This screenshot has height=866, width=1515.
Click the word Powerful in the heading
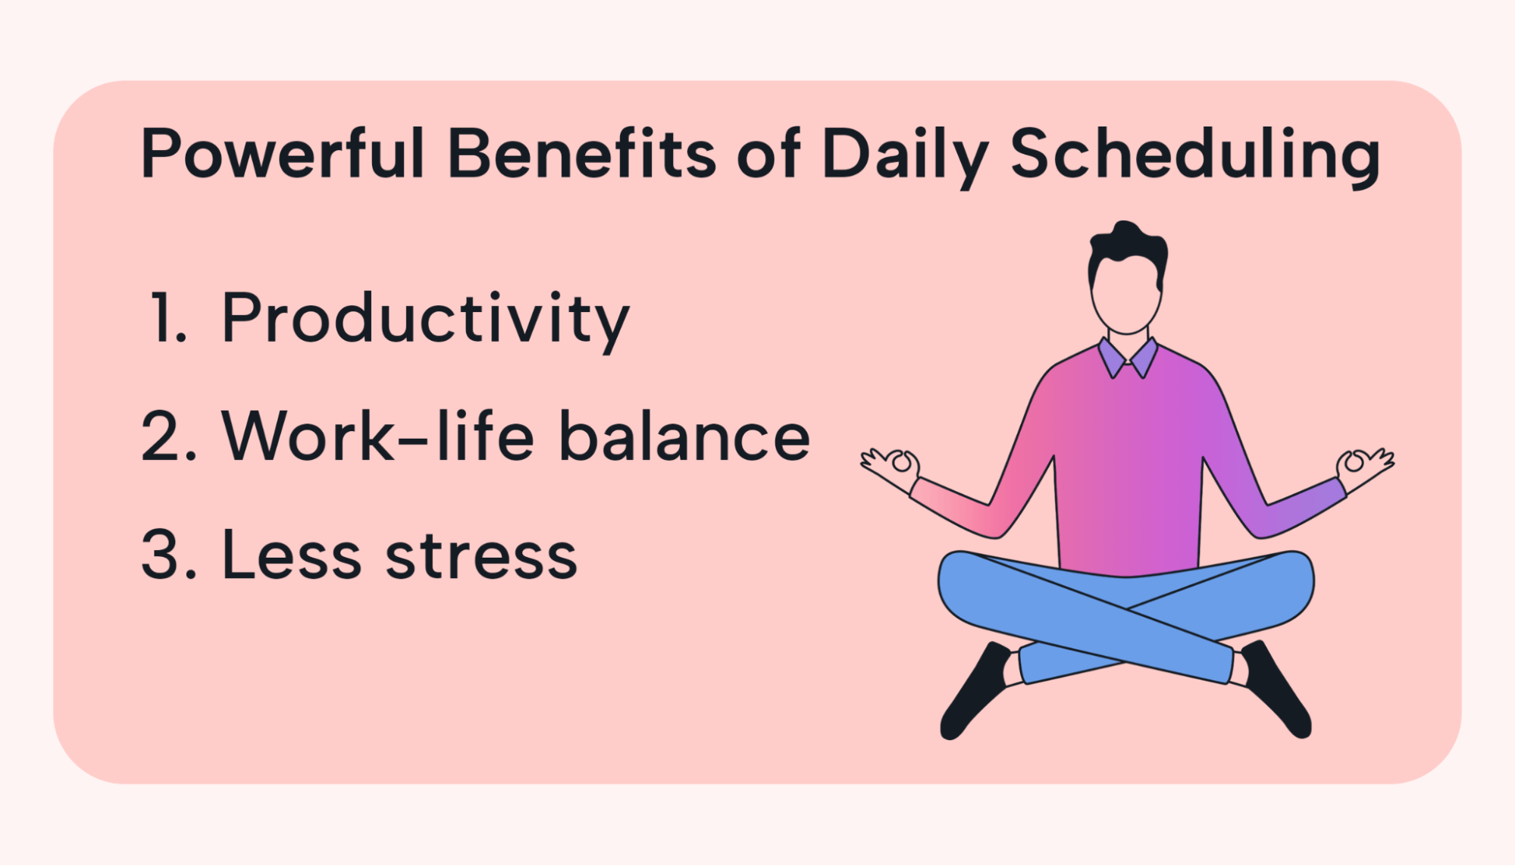(x=283, y=154)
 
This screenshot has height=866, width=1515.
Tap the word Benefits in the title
(x=582, y=154)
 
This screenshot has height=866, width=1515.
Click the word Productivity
(x=426, y=321)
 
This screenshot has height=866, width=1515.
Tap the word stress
(x=482, y=557)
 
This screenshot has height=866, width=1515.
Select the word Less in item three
(x=292, y=555)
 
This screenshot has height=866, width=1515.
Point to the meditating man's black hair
(x=1127, y=250)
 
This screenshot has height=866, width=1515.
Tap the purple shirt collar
(x=1128, y=358)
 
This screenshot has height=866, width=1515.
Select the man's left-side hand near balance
(x=891, y=468)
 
